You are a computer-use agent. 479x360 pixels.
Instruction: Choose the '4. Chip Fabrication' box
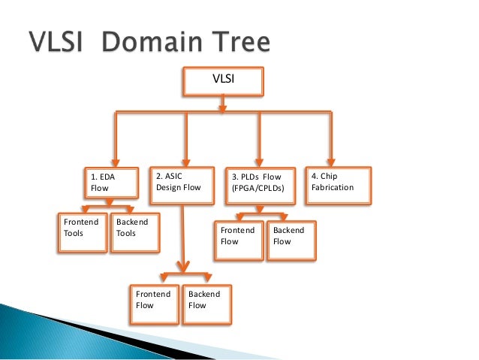coord(337,185)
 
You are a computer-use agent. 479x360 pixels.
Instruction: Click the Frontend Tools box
coord(82,233)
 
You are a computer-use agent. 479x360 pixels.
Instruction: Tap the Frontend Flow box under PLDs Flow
coord(239,241)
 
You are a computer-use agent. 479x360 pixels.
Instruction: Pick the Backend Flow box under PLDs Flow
coord(291,241)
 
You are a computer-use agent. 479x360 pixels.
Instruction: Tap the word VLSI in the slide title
coord(59,43)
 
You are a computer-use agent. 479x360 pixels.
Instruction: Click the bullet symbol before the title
coord(14,44)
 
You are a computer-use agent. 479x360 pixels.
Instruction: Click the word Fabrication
coord(332,187)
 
